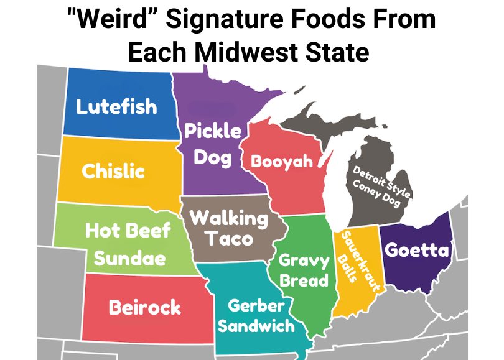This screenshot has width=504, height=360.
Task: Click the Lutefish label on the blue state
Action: pyautogui.click(x=116, y=106)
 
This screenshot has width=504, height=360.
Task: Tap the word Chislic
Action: pyautogui.click(x=113, y=171)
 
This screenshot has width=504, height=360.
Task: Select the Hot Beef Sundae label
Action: pyautogui.click(x=129, y=244)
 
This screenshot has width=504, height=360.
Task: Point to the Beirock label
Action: pyautogui.click(x=145, y=307)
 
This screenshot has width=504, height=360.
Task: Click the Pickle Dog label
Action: pyautogui.click(x=212, y=144)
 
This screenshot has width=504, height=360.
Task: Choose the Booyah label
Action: pyautogui.click(x=281, y=162)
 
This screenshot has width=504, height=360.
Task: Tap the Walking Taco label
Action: pyautogui.click(x=228, y=228)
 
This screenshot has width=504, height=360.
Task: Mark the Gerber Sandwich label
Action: pyautogui.click(x=256, y=315)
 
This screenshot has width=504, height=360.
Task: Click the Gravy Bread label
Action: pyautogui.click(x=303, y=270)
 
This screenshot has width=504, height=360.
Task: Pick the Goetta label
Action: pyautogui.click(x=416, y=250)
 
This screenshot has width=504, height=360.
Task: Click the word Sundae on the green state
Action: pyautogui.click(x=129, y=258)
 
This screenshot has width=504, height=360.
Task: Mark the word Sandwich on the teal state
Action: pyautogui.click(x=256, y=325)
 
